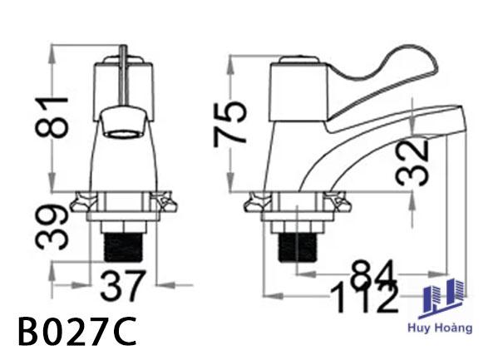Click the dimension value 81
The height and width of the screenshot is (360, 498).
tap(52, 117)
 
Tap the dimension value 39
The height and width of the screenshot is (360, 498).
tap(52, 227)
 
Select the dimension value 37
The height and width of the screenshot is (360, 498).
tap(123, 286)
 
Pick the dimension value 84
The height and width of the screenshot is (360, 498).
tap(373, 274)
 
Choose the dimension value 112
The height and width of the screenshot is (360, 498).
tap(364, 298)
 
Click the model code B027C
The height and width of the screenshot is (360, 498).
tap(77, 332)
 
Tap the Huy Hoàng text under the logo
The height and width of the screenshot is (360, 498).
tap(440, 328)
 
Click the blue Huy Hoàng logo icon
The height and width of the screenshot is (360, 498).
tap(441, 298)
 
